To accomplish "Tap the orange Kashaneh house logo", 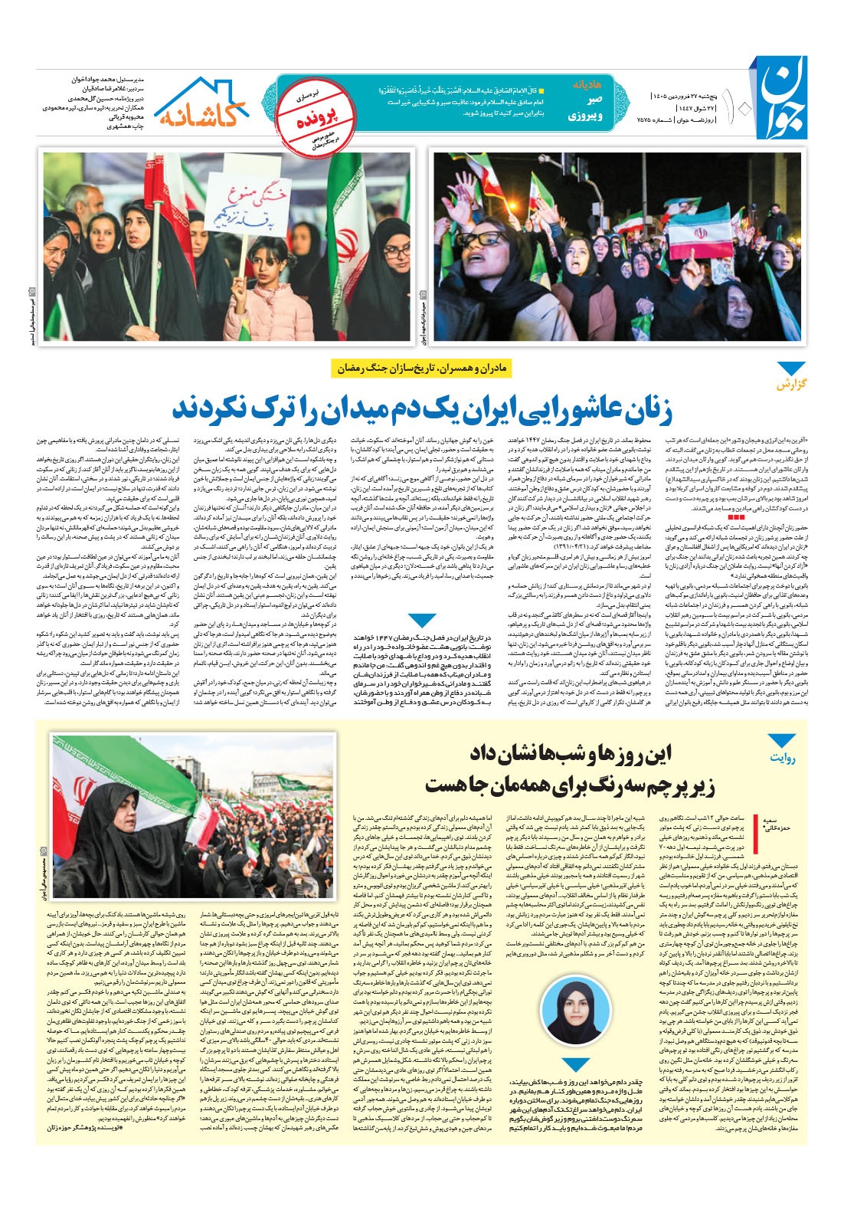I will pyautogui.click(x=203, y=104).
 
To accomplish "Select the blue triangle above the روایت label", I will pyautogui.click(x=782, y=740).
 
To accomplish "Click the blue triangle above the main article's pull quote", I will pyautogui.click(x=422, y=621).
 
